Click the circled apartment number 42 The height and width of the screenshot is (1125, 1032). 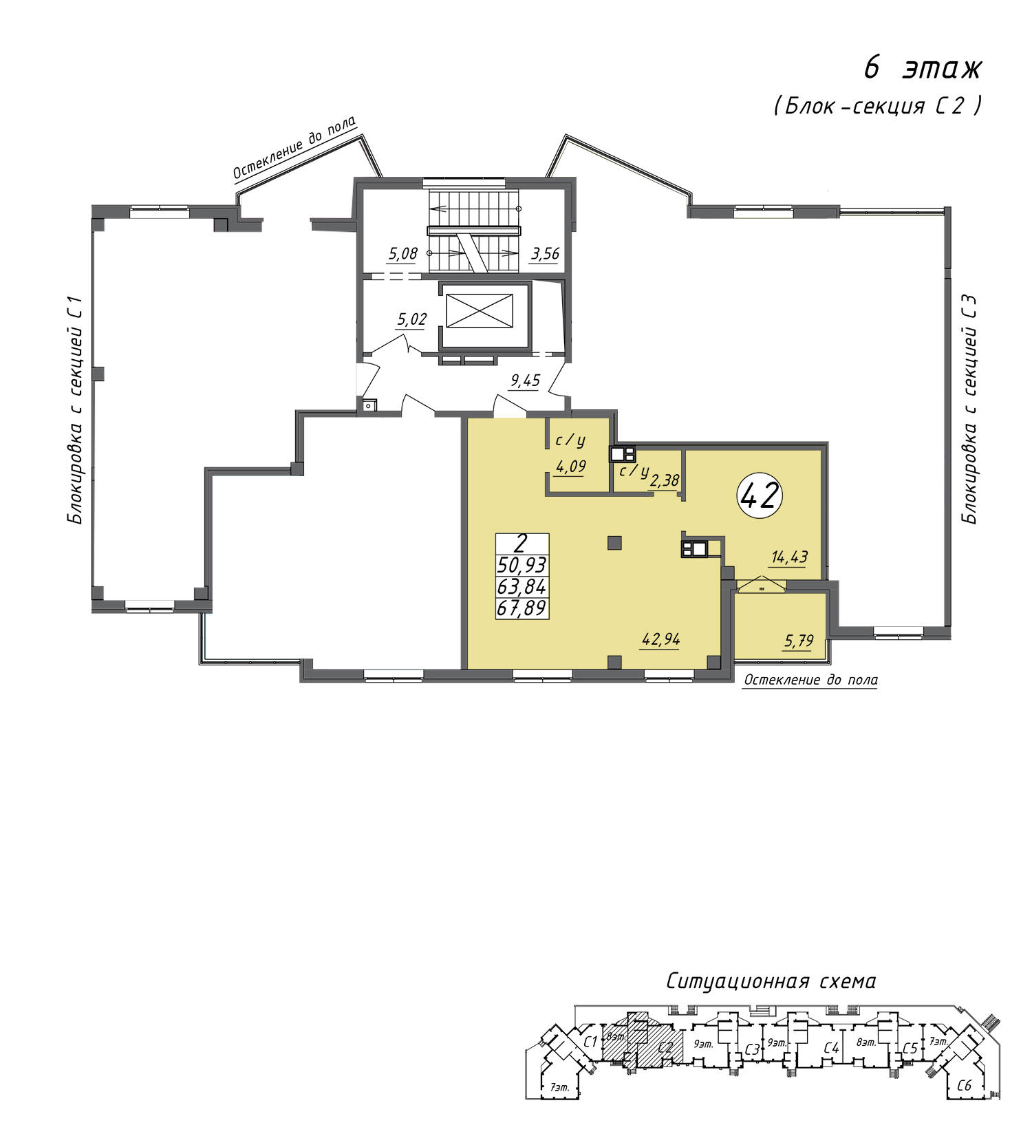(760, 495)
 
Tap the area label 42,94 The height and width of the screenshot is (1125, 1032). (660, 639)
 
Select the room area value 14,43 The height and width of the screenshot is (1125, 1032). (789, 557)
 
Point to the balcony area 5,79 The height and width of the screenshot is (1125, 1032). (799, 641)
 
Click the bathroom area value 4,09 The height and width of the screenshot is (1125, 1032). (570, 467)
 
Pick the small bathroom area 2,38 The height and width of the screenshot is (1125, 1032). (664, 480)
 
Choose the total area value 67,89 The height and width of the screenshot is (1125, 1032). (522, 608)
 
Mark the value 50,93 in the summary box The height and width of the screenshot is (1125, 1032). (522, 565)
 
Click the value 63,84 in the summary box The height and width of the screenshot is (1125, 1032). (522, 587)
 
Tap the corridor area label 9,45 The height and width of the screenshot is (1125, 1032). (525, 381)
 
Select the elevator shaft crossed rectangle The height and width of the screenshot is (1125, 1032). (480, 311)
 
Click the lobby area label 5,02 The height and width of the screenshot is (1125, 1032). (411, 319)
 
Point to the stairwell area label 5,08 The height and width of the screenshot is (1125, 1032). (403, 254)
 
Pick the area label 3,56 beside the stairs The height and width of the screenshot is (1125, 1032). (545, 254)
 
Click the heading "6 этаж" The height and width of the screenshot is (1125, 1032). (923, 69)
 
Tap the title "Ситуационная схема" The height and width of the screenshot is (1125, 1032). (771, 981)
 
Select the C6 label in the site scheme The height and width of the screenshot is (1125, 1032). (964, 1085)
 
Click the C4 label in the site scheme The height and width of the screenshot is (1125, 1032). (831, 1048)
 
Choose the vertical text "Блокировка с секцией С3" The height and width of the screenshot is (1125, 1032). (969, 409)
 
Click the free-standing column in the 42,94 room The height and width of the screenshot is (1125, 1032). (614, 543)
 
